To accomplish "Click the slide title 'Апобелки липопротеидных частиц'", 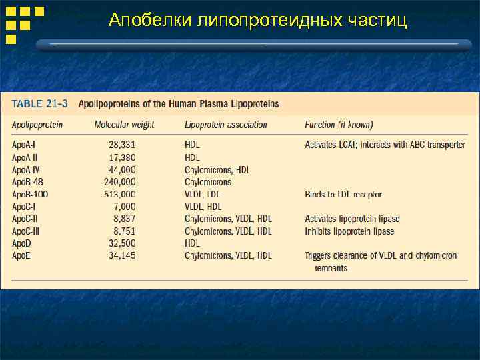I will pos(257,21).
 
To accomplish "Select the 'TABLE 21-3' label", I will pos(39,104).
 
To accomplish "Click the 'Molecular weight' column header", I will pos(124,125).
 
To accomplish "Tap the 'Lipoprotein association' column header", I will pos(226,125).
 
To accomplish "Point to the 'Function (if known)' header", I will pos(339,125).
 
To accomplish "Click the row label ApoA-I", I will pos(26,145).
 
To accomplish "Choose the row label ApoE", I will pos(22,255).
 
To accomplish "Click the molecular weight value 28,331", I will pos(122,145).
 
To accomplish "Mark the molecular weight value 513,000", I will pos(120,195).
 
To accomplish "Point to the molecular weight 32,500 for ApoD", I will pos(122,243).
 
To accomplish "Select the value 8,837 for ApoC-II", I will pos(125,219).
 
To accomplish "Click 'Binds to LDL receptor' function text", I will pos(343,195).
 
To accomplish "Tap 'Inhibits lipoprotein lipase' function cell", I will pos(349,231).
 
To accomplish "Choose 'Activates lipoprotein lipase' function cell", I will pos(352,219).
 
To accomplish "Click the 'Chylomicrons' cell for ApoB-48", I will pos(208,182).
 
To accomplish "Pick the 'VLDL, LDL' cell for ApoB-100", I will pos(203,195).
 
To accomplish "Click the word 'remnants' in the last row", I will pos(331,268).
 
